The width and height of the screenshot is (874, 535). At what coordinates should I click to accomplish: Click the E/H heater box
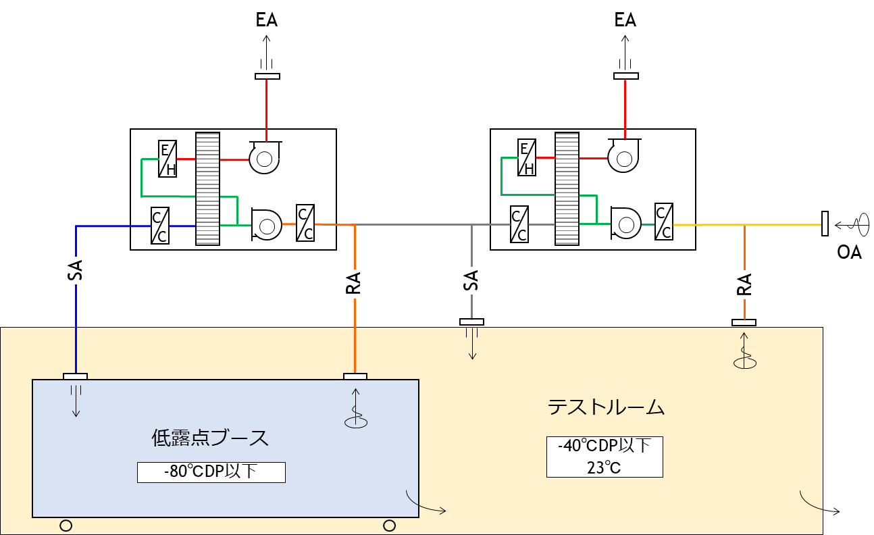tap(167, 159)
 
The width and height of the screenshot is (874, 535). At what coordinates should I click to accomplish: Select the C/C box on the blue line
tap(160, 226)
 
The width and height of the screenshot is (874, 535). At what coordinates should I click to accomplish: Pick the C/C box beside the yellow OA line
tap(664, 222)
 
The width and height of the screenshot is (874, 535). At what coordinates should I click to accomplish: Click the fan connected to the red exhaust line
tap(264, 158)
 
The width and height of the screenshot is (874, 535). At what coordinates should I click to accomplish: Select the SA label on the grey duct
tap(471, 280)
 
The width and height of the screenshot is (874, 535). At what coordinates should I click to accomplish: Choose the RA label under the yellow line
tap(744, 285)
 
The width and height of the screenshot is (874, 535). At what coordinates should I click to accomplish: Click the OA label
tap(849, 253)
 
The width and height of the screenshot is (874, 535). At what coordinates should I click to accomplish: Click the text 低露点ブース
tap(210, 438)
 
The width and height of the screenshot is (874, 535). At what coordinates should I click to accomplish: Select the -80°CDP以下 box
tap(211, 472)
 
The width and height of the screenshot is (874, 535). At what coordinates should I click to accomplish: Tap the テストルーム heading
tap(606, 407)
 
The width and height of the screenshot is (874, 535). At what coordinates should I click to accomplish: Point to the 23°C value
tap(604, 467)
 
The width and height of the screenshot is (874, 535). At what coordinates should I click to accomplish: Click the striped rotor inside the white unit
tap(208, 188)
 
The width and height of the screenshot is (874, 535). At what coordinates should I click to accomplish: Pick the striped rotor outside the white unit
tap(567, 188)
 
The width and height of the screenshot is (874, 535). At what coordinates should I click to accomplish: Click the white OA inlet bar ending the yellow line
tap(825, 224)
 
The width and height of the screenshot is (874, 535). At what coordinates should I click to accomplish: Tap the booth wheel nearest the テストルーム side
tap(389, 525)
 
